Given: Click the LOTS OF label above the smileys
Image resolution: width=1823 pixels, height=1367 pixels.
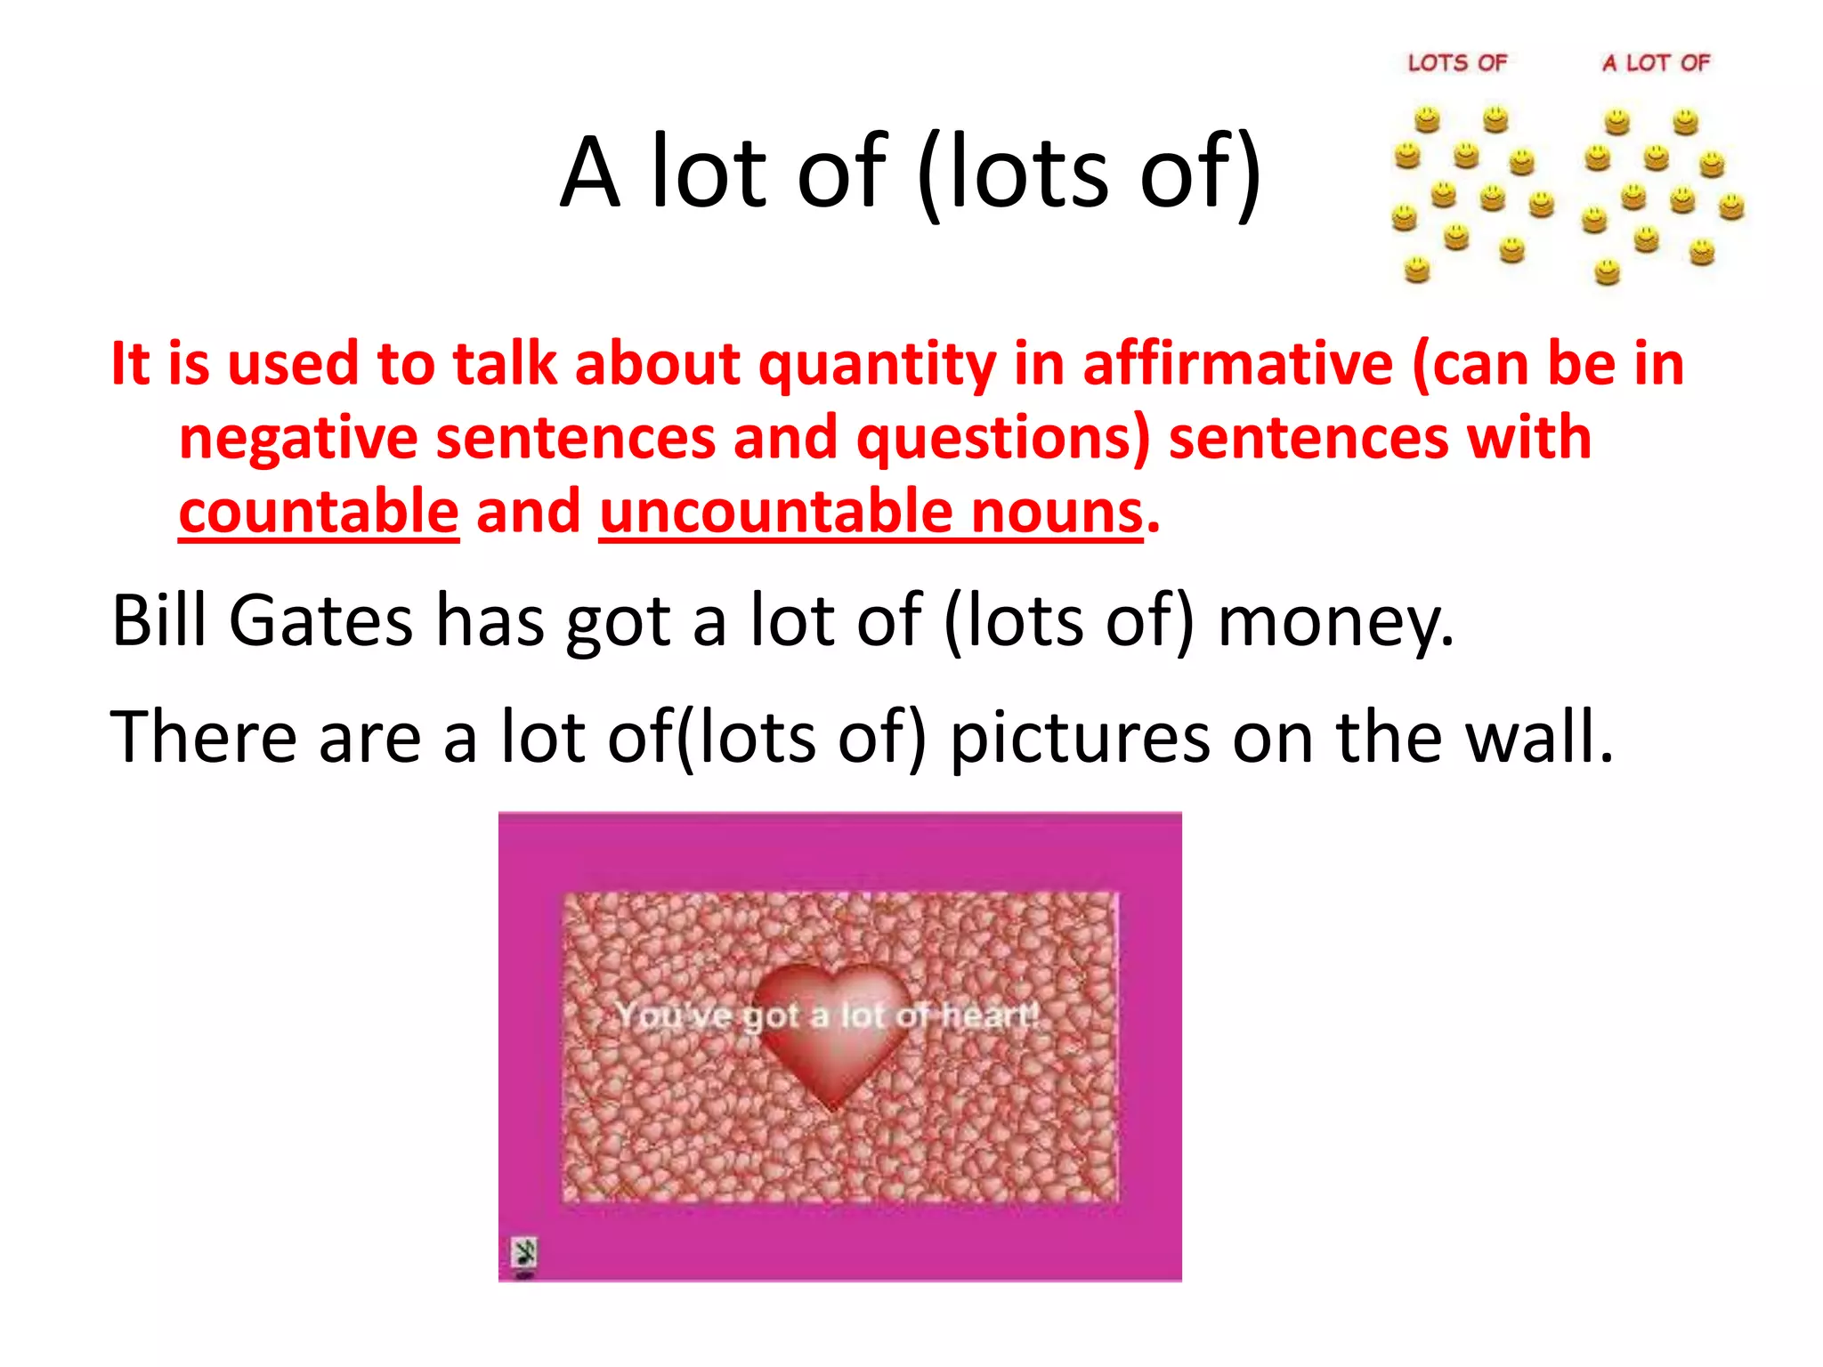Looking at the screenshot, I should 1457,63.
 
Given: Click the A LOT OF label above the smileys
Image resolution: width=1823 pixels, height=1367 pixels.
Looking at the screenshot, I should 1656,63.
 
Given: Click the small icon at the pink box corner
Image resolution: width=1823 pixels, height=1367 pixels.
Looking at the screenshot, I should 524,1254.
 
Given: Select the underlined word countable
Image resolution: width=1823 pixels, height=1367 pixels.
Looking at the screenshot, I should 319,512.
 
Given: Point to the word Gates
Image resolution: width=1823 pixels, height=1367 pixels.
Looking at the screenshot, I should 320,620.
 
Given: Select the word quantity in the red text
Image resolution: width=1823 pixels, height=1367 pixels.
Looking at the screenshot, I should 877,366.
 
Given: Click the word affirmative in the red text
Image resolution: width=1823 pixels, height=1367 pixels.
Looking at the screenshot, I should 1237,364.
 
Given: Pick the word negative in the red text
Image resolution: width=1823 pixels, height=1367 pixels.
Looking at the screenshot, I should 298,439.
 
